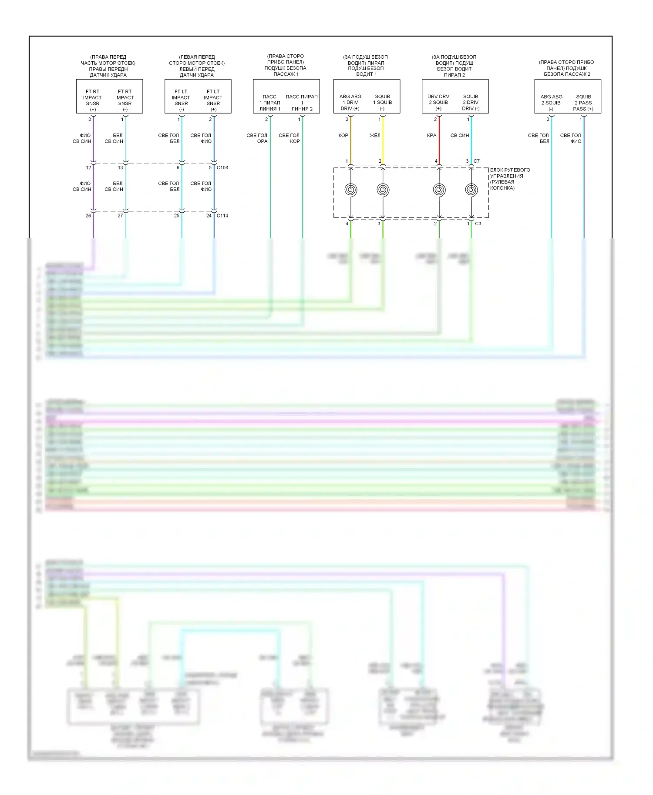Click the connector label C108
coord(222,167)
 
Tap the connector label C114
coord(222,215)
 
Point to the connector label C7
coord(476,161)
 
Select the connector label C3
coord(478,224)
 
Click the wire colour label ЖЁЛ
coord(375,135)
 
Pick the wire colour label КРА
coord(431,135)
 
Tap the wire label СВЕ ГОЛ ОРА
coord(257,138)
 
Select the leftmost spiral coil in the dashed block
coord(351,190)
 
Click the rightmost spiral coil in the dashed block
coord(471,190)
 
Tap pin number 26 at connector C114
coord(88,215)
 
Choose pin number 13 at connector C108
coord(121,167)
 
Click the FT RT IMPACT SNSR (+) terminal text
coord(92,100)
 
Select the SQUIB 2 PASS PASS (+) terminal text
coord(583,103)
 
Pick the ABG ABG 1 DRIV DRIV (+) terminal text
coord(350,103)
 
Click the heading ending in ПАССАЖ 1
coord(286,65)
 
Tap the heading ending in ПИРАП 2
coord(454,66)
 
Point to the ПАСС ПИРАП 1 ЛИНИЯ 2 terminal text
coord(302,103)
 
